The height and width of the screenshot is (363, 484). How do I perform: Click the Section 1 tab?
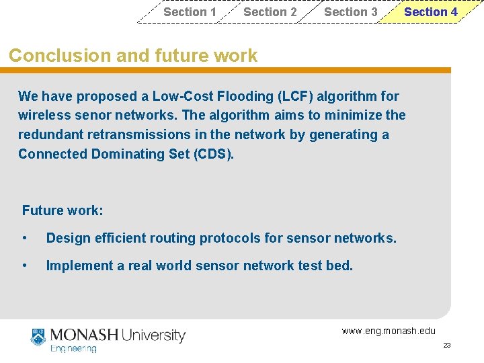190,12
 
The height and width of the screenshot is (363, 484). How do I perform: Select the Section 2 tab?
270,12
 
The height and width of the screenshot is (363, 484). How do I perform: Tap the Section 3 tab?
350,12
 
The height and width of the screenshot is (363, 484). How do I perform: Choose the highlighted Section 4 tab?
430,12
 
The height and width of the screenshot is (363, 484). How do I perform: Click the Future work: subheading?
63,210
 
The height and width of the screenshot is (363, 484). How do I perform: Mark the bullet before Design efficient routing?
25,238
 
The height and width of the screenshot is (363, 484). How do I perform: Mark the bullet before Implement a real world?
25,266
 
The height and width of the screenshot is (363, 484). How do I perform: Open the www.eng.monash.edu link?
389,331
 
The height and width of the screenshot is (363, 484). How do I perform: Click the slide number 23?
447,346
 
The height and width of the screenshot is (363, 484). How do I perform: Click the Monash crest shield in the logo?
38,337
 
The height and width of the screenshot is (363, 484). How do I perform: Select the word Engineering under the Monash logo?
74,349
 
